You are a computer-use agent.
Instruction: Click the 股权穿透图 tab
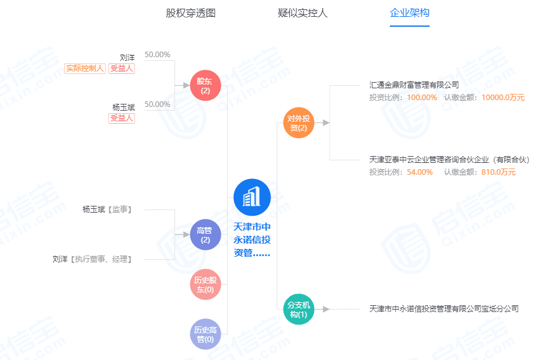[191, 13]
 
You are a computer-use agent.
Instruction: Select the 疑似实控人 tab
[303, 13]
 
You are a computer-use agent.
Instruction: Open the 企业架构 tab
[410, 13]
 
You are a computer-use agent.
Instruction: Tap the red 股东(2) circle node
[205, 86]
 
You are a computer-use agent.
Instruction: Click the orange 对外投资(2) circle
[298, 122]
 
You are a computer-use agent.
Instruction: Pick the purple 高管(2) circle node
[205, 234]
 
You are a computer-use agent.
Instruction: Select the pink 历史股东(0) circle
[205, 284]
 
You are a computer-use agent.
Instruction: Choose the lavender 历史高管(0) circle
[205, 335]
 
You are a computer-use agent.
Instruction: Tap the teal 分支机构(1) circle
[298, 309]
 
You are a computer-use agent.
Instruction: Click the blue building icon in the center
[252, 197]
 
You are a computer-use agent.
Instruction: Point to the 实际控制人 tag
[85, 68]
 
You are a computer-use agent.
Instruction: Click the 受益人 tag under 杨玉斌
[121, 118]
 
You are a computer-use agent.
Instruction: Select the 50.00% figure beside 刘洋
[157, 55]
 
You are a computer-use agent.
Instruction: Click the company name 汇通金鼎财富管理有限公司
[414, 85]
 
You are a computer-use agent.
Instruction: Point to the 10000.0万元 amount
[503, 98]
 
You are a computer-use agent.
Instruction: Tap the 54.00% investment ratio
[420, 172]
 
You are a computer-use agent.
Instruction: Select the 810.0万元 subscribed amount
[499, 172]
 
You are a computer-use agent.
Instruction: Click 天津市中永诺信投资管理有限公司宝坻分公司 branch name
[444, 309]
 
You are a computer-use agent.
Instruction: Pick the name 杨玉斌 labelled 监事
[94, 210]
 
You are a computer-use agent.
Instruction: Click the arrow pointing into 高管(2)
[182, 234]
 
